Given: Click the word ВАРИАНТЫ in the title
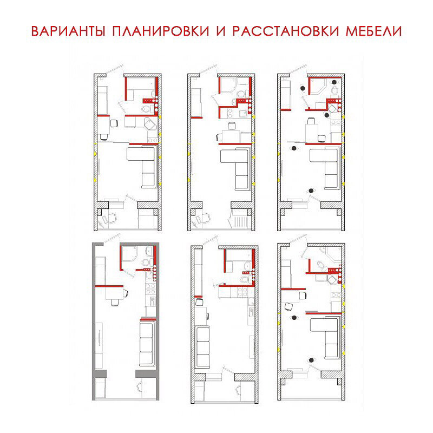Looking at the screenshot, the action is click(x=68, y=31).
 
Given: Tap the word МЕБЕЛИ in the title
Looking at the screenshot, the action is click(x=373, y=31).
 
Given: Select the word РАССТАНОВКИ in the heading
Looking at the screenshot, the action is click(x=286, y=31).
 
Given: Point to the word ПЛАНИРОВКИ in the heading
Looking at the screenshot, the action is click(x=161, y=31).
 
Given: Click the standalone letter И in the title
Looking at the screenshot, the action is click(x=221, y=31).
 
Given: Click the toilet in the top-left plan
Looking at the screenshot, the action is click(x=146, y=109).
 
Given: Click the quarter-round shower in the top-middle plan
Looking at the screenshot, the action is click(x=228, y=85).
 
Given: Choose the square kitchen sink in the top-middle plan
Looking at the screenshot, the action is click(x=243, y=113).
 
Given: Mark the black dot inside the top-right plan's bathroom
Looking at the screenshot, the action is click(x=334, y=82).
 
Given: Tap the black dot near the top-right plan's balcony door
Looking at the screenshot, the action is click(x=311, y=191).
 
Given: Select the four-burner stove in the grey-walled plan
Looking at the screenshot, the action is click(x=151, y=288).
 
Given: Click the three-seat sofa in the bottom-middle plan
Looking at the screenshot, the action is click(x=202, y=346).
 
